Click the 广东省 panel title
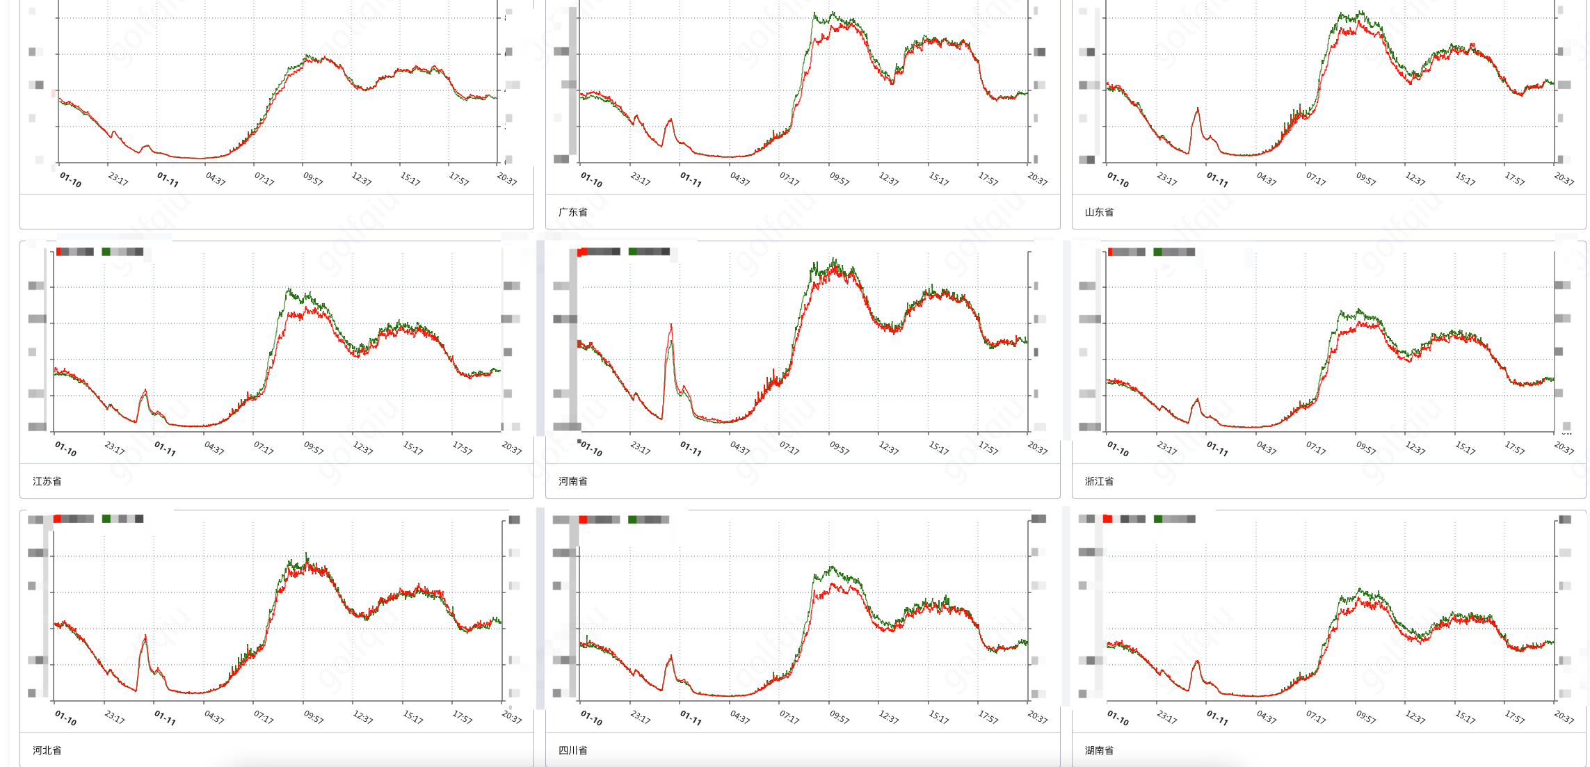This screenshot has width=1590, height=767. [x=572, y=212]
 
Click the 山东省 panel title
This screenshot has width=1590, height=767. [x=1099, y=212]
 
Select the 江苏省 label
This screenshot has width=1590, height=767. [x=47, y=481]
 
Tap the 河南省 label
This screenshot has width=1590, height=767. [x=572, y=481]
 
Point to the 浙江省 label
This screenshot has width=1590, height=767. [x=1099, y=481]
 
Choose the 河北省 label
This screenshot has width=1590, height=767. [x=47, y=750]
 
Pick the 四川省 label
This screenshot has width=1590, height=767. [x=572, y=750]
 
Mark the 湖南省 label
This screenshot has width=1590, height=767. [x=1099, y=750]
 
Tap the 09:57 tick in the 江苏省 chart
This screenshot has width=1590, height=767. [x=314, y=449]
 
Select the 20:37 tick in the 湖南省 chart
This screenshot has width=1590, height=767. [x=1564, y=717]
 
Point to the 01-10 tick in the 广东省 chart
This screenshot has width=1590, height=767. [x=591, y=179]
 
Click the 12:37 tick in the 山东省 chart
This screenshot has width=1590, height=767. [x=1415, y=179]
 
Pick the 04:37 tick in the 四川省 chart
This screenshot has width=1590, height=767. [x=740, y=717]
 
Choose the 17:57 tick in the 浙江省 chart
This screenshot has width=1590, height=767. [x=1514, y=449]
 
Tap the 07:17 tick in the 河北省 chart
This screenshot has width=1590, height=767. [x=264, y=717]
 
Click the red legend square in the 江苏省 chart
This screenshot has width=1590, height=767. [x=59, y=252]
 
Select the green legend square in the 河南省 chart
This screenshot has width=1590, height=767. [x=632, y=252]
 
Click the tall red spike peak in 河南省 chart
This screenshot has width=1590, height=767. [x=671, y=325]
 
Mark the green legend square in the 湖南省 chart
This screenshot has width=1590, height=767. [x=1158, y=519]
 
